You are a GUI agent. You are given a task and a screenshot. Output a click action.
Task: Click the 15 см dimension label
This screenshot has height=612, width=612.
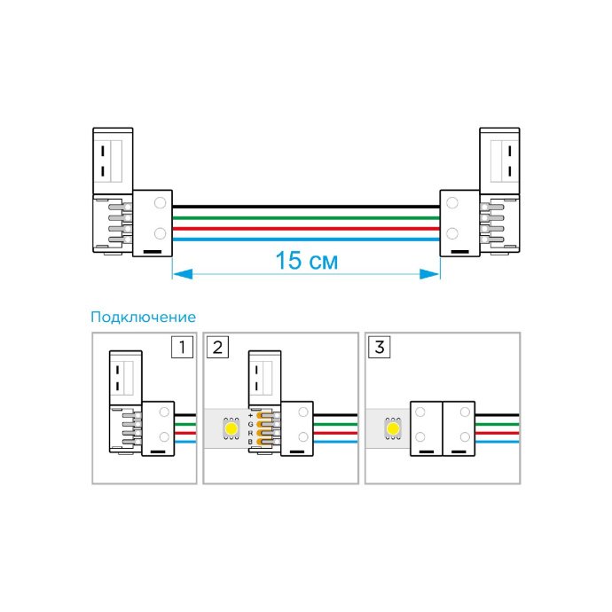point(306,261)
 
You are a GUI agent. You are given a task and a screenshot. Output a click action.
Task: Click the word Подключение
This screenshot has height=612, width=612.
point(143,317)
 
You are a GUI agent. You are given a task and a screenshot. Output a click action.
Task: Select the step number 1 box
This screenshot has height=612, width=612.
point(183,347)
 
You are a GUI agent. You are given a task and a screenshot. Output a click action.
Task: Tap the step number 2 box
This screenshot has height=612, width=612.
point(218,347)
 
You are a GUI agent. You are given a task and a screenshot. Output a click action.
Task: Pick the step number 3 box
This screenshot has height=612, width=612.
point(380,347)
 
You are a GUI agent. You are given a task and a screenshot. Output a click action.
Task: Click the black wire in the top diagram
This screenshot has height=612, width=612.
point(306,207)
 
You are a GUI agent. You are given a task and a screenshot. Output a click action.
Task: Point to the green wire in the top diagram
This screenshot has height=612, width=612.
point(306,218)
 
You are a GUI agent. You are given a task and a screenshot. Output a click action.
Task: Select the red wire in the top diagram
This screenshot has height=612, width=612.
point(306,229)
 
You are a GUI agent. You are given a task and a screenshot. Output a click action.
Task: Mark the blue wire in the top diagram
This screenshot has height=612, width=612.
point(306,239)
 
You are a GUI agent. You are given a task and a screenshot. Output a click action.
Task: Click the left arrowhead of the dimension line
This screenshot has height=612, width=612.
point(183,274)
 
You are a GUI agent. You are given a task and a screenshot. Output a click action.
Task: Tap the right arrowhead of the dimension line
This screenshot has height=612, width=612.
point(429,274)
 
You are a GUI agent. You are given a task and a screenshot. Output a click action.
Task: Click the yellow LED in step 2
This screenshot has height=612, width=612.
point(231,428)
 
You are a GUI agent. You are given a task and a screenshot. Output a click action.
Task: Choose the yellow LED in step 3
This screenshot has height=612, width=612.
point(393,428)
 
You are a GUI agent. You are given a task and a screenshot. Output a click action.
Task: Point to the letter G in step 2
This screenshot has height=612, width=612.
point(251,424)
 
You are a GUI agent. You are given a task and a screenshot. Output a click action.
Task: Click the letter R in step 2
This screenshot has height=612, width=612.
point(251,433)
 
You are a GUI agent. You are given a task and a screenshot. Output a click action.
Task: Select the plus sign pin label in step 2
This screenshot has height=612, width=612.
point(251,415)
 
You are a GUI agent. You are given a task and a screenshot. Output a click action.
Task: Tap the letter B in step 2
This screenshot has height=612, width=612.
point(251,442)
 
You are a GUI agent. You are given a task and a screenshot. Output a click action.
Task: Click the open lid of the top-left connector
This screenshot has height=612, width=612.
point(113,161)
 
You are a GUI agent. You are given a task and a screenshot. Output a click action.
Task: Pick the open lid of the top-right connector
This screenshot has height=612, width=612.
point(499,161)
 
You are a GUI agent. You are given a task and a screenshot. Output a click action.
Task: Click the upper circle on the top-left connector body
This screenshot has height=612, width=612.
point(160,203)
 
